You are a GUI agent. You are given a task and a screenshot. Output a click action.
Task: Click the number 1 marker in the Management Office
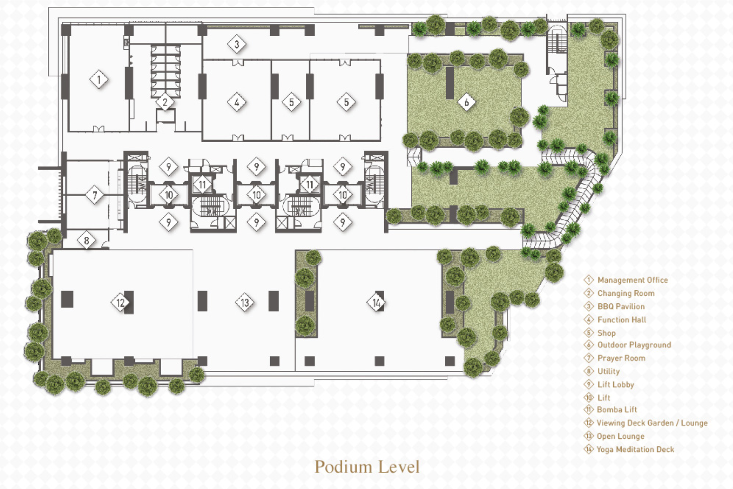99,79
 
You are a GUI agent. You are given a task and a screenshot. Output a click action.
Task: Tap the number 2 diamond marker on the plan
165,102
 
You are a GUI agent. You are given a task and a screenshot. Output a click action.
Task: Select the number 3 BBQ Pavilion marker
237,44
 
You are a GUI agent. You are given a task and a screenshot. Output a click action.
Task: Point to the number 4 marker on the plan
237,102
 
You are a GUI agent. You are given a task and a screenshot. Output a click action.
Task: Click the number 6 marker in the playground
466,102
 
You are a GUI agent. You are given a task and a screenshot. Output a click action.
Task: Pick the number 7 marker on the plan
95,195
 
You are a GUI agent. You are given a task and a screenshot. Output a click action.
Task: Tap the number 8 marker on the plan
86,240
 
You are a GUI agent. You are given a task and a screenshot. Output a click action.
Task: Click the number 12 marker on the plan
120,302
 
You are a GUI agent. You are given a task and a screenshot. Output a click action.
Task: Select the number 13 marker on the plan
245,302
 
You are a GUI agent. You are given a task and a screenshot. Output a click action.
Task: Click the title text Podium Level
367,467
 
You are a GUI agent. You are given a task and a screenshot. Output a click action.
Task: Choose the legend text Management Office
633,280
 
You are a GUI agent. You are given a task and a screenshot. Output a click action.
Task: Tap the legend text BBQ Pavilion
621,307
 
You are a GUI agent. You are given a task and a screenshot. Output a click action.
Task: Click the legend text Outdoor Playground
634,345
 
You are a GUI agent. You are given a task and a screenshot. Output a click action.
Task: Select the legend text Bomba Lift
617,410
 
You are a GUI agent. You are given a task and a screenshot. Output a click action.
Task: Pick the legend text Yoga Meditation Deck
635,449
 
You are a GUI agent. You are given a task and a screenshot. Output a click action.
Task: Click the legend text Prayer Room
621,358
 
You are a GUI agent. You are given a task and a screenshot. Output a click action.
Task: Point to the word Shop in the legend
607,333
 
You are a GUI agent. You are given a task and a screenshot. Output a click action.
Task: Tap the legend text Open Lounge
620,436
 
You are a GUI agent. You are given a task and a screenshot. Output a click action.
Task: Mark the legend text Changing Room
626,293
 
